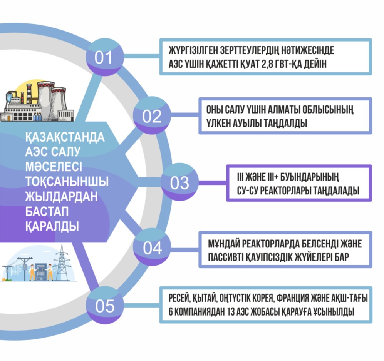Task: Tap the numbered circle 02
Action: [152, 116]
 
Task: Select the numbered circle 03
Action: [179, 183]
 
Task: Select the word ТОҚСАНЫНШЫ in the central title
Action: [66, 181]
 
